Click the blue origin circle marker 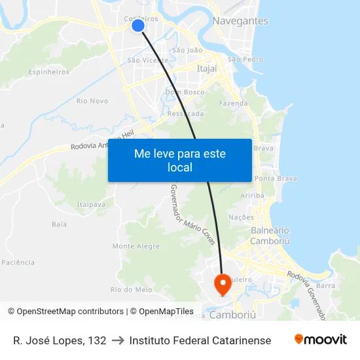pyautogui.click(x=137, y=26)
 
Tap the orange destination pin pyautogui.click(x=223, y=283)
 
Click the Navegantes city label pyautogui.click(x=240, y=21)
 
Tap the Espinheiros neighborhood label pyautogui.click(x=49, y=72)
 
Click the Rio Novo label pyautogui.click(x=92, y=101)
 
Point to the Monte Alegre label pyautogui.click(x=136, y=247)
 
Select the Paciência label pyautogui.click(x=18, y=262)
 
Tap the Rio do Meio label pyautogui.click(x=132, y=289)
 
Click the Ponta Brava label pyautogui.click(x=276, y=179)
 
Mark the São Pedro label pyautogui.click(x=245, y=60)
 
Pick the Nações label pyautogui.click(x=241, y=217)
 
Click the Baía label pyautogui.click(x=59, y=225)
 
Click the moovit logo pyautogui.click(x=321, y=340)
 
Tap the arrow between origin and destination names pyautogui.click(x=118, y=340)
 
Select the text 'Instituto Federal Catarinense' pyautogui.click(x=200, y=340)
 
